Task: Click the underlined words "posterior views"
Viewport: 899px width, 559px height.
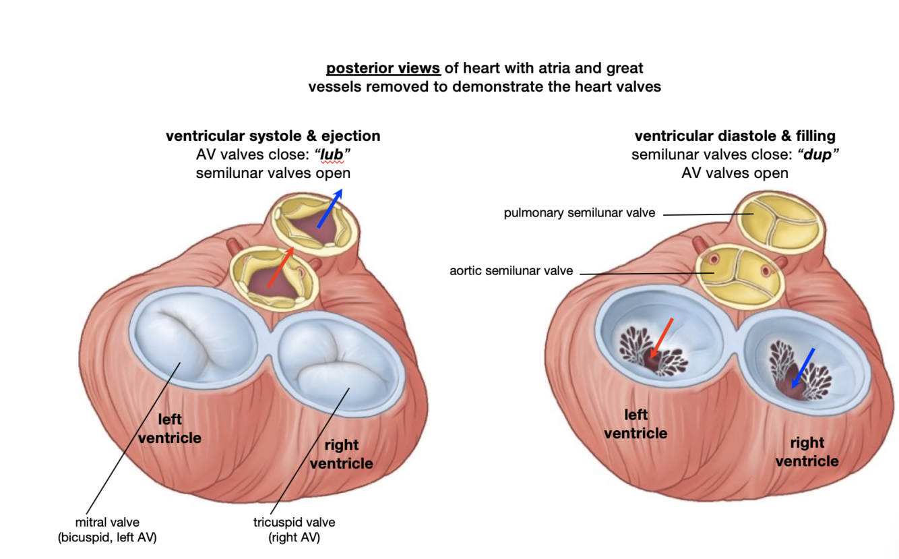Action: [383, 68]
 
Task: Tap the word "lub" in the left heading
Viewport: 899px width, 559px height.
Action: [331, 154]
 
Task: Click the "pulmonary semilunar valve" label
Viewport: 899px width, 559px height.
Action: [579, 213]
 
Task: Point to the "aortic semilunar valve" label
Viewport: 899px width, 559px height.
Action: [511, 271]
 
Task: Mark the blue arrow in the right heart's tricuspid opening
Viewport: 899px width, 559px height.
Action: [803, 368]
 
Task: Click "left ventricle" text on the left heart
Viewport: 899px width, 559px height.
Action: [170, 428]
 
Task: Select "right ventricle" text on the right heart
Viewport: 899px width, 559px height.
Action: [807, 452]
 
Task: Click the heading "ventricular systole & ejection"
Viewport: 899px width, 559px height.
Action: [273, 136]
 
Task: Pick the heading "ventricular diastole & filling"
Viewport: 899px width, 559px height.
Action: [735, 136]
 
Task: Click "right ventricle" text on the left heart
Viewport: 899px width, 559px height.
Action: [342, 454]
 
